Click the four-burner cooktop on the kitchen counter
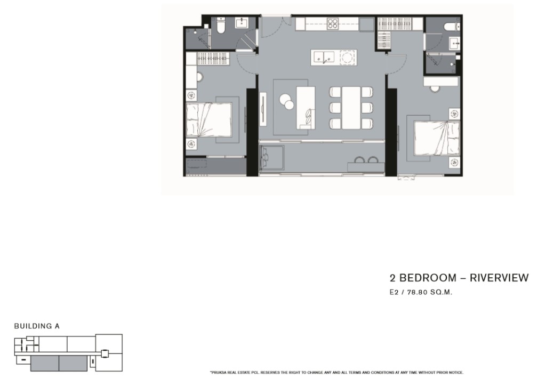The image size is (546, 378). [333, 23]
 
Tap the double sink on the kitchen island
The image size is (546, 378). [324, 58]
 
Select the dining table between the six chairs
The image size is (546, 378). [351, 108]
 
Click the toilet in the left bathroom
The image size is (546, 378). [221, 26]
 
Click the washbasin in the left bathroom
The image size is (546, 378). [242, 23]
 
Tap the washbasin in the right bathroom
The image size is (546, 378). [454, 44]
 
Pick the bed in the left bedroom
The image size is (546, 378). [208, 119]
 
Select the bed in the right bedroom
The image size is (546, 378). [437, 138]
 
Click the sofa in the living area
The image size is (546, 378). [306, 108]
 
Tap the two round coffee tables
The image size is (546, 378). [286, 102]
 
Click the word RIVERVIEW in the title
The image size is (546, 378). [499, 278]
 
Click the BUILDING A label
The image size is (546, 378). [37, 326]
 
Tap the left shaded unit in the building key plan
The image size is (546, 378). [45, 364]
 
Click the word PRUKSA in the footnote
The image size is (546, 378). [218, 373]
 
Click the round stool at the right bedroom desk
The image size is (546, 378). [435, 89]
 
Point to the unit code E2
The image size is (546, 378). [394, 292]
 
